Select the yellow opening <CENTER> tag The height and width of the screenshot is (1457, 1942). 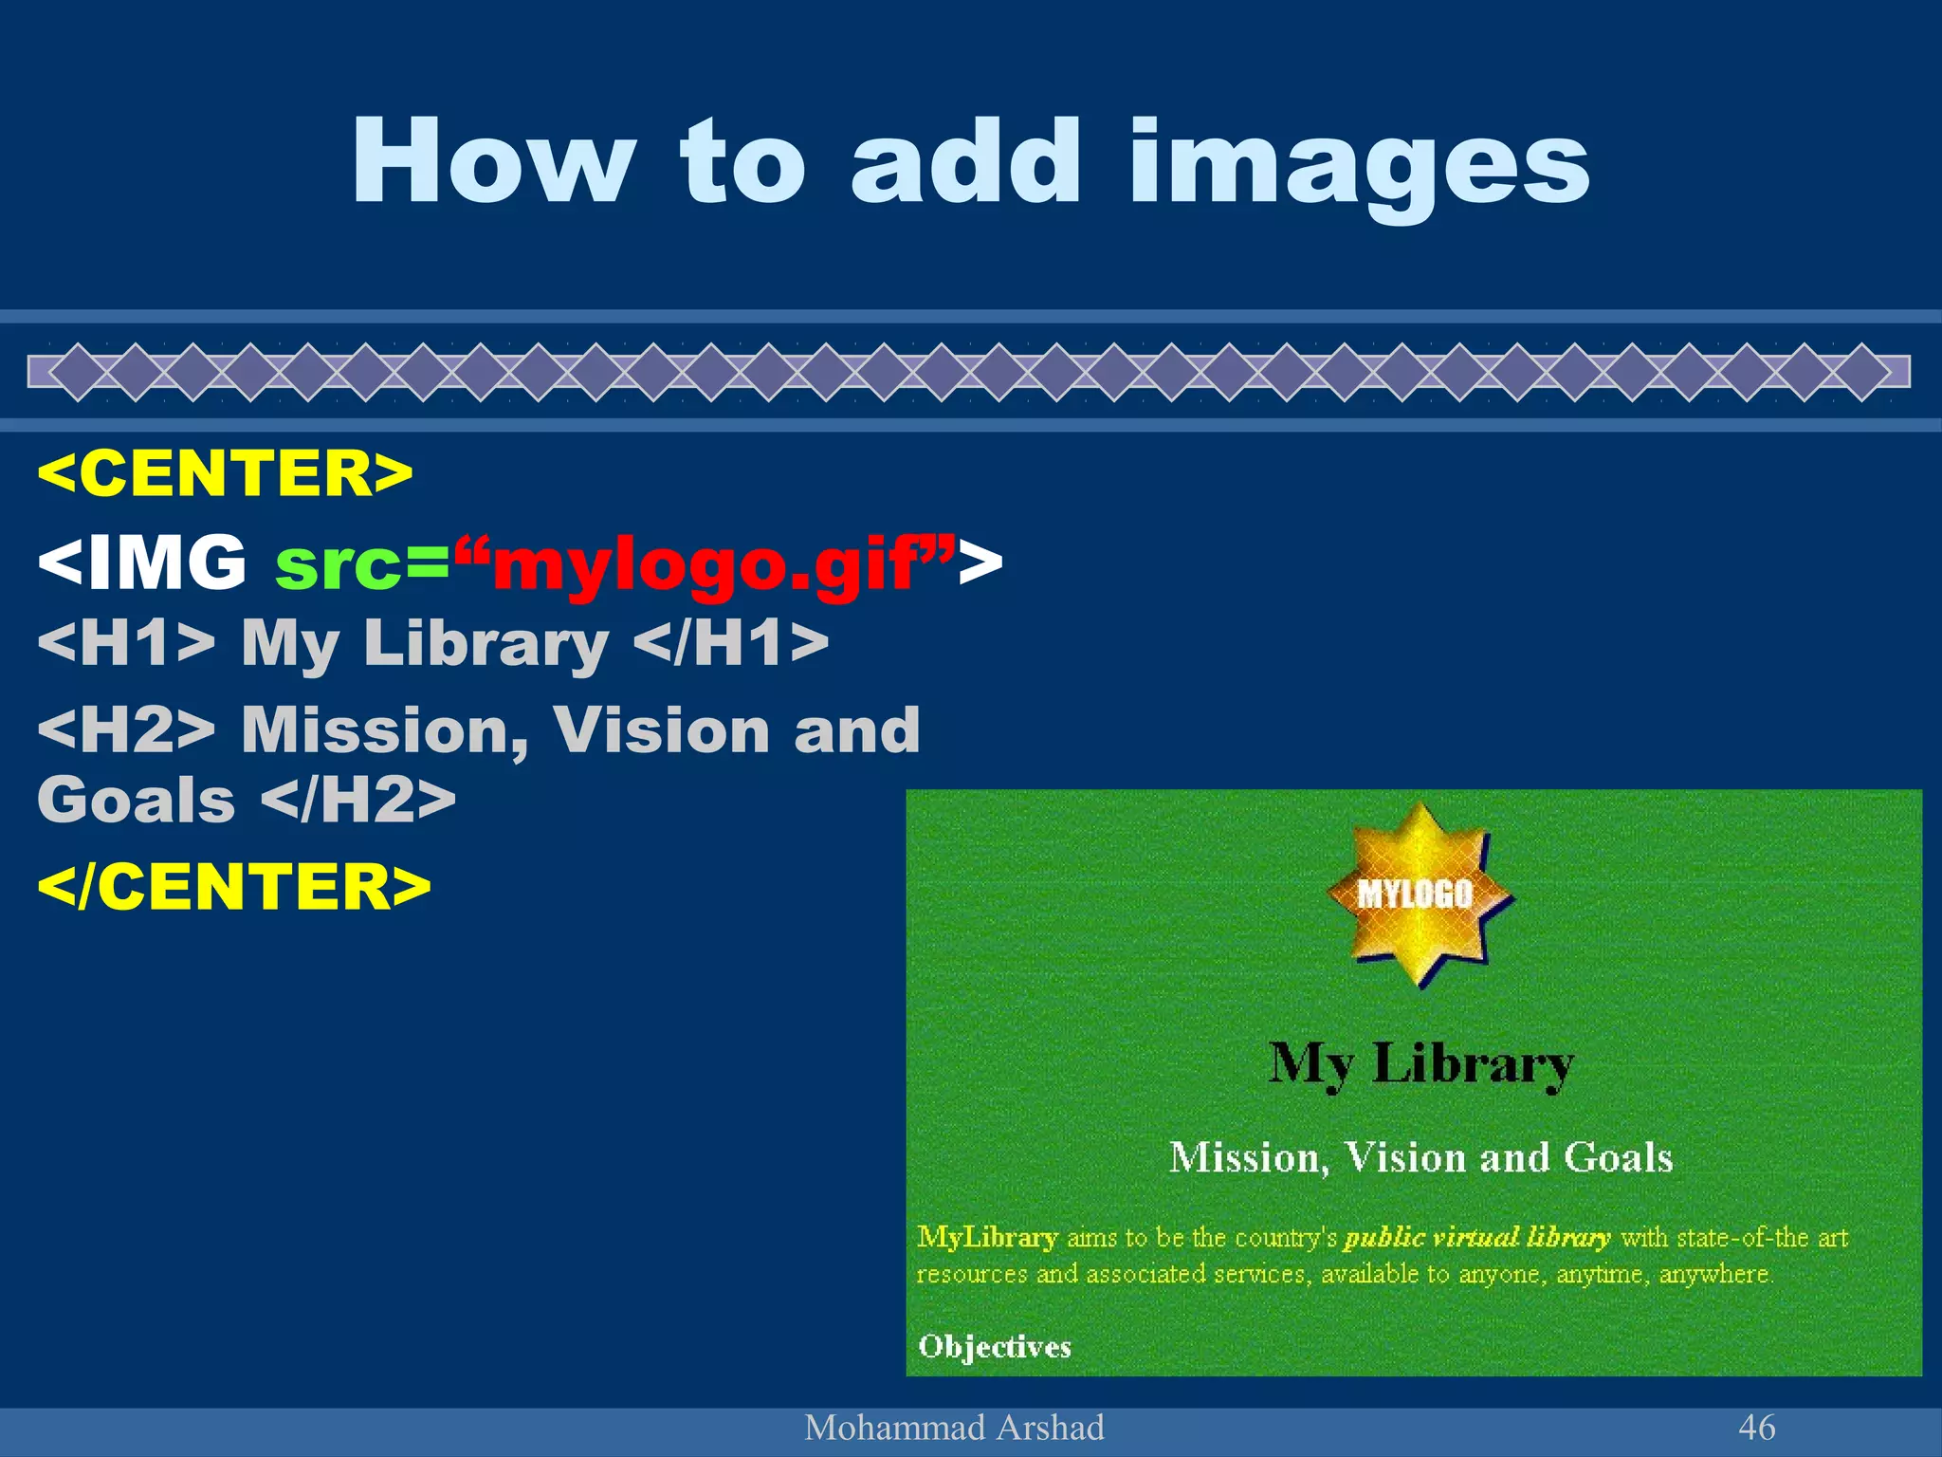tap(225, 472)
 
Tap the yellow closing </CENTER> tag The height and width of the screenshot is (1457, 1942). tap(234, 886)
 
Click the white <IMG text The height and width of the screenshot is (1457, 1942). tap(142, 562)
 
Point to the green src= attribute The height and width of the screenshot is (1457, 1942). tap(360, 563)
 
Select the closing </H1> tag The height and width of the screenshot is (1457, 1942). tap(730, 643)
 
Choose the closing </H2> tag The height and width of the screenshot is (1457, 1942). tap(358, 800)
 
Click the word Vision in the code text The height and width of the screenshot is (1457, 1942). tap(661, 730)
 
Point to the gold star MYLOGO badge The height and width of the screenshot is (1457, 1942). tap(1417, 894)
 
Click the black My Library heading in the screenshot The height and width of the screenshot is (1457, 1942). tap(1420, 1064)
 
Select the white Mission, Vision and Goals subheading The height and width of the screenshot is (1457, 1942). tap(1420, 1157)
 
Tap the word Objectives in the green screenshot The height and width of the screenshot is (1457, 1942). tap(995, 1346)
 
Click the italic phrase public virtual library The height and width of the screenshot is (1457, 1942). tap(1476, 1237)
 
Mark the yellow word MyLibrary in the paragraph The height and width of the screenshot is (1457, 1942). tap(987, 1237)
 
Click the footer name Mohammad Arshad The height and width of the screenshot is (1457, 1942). tap(954, 1428)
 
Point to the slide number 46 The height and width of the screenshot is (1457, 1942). tap(1756, 1428)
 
